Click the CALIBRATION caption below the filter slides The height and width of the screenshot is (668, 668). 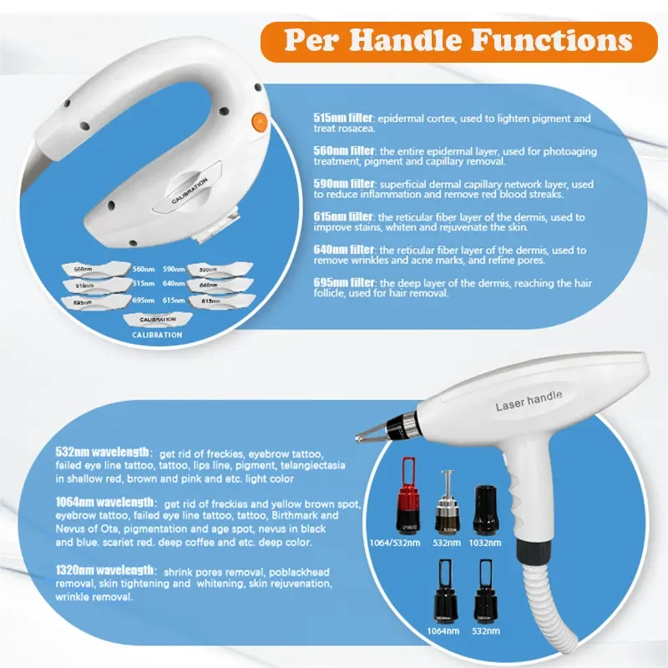[157, 335]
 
